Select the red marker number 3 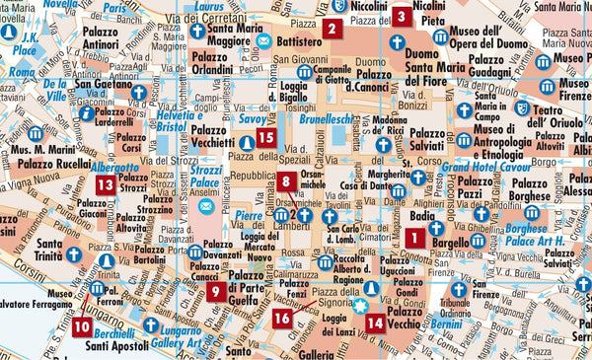[401, 16]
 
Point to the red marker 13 [104, 183]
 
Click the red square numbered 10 [80, 325]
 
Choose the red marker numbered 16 [282, 317]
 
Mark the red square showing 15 [264, 139]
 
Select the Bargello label [449, 241]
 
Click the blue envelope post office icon [263, 43]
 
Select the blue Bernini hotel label [446, 324]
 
